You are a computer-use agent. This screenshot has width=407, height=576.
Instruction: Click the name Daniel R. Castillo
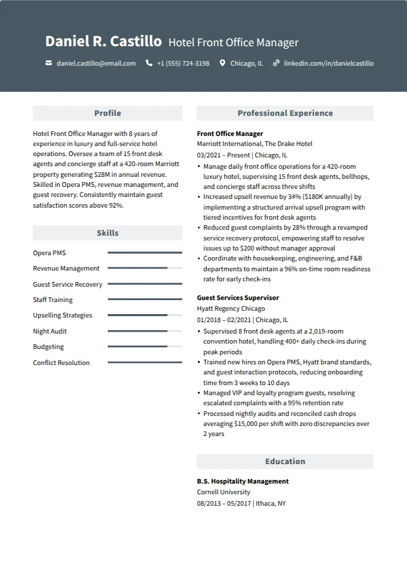(x=103, y=42)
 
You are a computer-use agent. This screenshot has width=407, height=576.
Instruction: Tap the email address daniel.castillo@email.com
(x=96, y=64)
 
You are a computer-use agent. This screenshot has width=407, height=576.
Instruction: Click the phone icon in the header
(x=149, y=64)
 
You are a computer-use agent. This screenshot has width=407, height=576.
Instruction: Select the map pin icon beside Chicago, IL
(x=222, y=64)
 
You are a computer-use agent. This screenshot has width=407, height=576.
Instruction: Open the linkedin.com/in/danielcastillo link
(x=328, y=64)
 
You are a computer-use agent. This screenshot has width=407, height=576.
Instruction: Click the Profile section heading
(x=107, y=113)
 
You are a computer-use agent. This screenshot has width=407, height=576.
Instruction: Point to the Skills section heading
(x=107, y=233)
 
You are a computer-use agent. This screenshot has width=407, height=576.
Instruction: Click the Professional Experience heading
(x=284, y=113)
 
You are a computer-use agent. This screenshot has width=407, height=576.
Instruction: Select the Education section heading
(x=284, y=461)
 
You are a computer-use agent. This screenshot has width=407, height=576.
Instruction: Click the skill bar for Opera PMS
(x=145, y=253)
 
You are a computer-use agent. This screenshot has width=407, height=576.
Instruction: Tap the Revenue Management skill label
(x=66, y=269)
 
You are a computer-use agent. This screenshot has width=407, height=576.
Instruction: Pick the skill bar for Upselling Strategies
(x=145, y=315)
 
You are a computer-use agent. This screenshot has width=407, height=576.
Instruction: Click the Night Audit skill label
(x=50, y=332)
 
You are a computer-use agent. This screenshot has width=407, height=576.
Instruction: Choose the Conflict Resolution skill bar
(x=145, y=362)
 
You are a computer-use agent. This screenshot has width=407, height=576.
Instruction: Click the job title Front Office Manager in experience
(x=230, y=134)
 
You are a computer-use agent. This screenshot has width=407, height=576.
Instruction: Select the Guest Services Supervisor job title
(x=238, y=298)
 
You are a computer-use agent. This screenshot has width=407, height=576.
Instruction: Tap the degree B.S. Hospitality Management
(x=242, y=482)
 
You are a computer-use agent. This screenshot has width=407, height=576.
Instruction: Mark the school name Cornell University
(x=223, y=492)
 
